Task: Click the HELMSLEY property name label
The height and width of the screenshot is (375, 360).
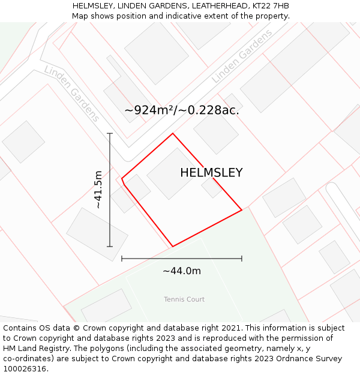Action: coord(211,173)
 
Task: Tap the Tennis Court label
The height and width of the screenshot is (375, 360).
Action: coord(184,299)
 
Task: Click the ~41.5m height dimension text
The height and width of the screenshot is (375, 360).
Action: coord(98,189)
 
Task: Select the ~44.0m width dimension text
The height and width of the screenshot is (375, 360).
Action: coord(182,271)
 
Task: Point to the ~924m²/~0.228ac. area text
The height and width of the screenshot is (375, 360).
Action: coord(182,110)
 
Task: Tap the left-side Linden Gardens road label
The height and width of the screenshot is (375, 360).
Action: coord(71,94)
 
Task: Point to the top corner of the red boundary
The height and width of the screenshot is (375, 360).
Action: coord(173,133)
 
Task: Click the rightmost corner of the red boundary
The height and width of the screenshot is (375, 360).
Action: coord(242,210)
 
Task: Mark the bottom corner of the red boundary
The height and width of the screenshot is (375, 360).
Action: coord(173,246)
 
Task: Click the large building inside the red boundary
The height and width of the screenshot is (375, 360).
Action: coord(173,174)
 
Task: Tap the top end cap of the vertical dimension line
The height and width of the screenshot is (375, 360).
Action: coord(110,133)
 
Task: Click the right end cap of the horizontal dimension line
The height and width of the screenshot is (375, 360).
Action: coord(242,259)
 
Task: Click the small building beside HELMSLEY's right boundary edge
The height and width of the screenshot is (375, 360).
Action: coord(211,187)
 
